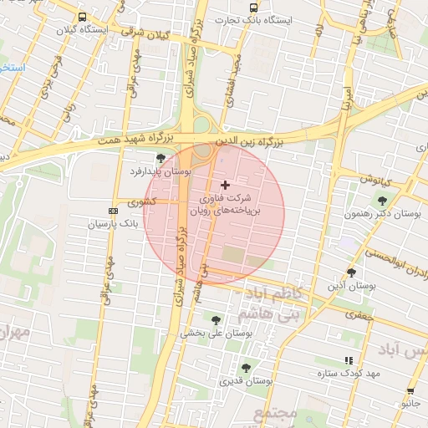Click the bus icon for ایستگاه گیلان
[x=82, y=17]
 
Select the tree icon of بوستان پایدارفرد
[x=160, y=157]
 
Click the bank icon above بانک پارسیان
[x=113, y=211]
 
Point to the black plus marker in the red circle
[x=224, y=184]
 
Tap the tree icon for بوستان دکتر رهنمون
[x=382, y=201]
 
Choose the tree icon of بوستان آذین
[x=350, y=273]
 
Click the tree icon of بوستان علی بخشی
[x=216, y=319]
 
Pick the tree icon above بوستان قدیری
[x=246, y=368]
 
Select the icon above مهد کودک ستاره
[x=349, y=360]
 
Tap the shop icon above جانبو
[x=410, y=391]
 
